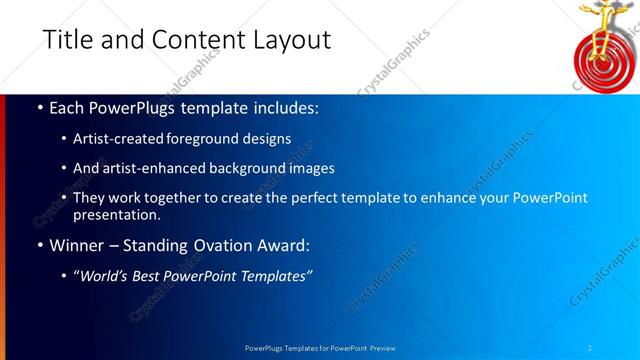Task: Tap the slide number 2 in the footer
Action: pos(590,347)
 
